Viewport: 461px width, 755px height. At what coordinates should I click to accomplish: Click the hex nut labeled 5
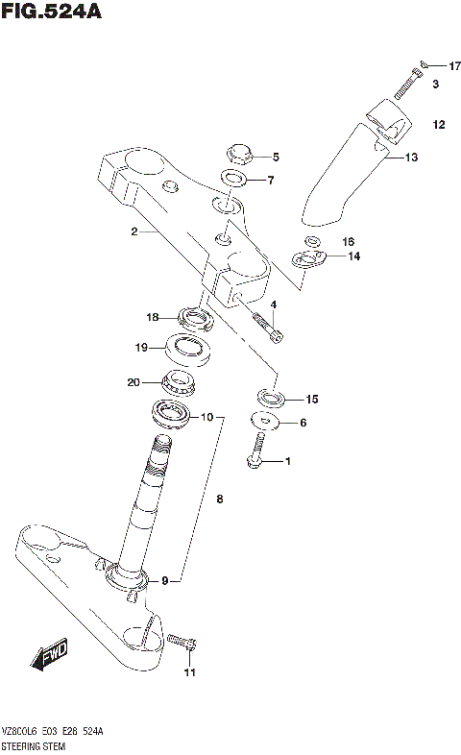point(237,154)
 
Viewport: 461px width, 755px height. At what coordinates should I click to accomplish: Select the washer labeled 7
point(233,179)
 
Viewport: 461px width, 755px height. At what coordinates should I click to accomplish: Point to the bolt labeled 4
point(266,327)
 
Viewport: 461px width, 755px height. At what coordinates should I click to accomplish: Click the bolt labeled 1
point(256,453)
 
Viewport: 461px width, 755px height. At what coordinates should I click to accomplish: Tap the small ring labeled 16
point(312,240)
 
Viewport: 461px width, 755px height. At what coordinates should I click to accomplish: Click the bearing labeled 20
point(181,380)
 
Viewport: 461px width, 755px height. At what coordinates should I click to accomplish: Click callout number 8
point(219,499)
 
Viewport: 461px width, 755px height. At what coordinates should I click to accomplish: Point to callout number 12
point(438,125)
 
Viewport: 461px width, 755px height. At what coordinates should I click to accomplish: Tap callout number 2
point(136,231)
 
